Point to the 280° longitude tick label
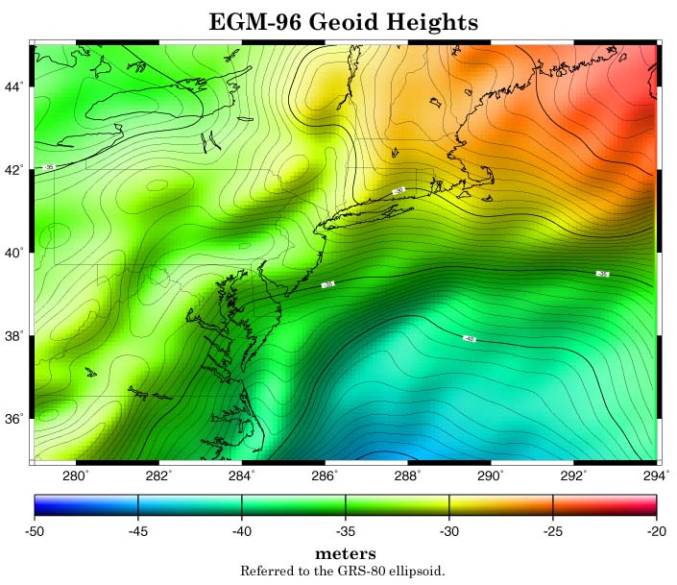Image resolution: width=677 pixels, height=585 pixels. [75, 474]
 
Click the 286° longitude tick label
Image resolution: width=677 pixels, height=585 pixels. [325, 474]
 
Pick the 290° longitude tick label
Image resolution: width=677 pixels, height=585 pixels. [491, 474]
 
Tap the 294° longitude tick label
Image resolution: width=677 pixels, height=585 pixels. [657, 474]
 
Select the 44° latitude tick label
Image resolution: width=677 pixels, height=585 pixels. [14, 86]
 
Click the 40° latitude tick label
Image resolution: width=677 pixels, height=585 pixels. [14, 253]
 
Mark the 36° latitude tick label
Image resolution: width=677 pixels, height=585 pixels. [14, 419]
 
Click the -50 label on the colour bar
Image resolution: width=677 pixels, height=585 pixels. [36, 530]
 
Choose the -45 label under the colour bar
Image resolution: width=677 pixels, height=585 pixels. [138, 530]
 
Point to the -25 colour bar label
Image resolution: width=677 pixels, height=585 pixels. [553, 530]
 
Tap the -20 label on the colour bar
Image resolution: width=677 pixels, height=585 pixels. [656, 530]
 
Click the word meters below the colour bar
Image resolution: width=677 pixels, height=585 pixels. [346, 554]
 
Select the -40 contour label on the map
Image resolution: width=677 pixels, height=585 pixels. [469, 338]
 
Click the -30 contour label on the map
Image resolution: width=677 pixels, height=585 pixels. [399, 191]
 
